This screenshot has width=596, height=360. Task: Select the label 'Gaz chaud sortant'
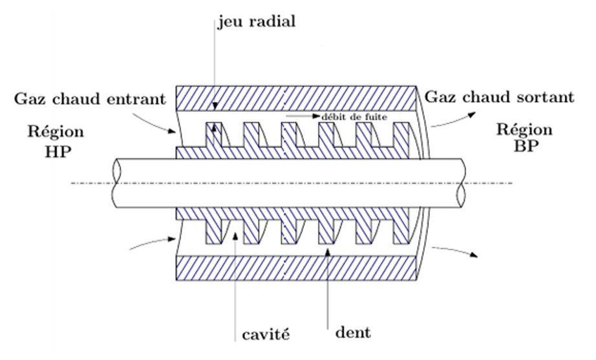[x=499, y=98]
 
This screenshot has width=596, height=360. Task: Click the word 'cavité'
[x=266, y=335]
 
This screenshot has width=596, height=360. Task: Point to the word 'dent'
[x=353, y=334]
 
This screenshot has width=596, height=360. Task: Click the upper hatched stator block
[x=297, y=98]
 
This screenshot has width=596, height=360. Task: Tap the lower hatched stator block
[x=297, y=268]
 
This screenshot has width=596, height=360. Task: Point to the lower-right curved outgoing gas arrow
[x=456, y=250]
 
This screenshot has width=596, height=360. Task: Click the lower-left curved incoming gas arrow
[x=153, y=242]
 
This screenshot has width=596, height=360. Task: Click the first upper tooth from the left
[x=213, y=135]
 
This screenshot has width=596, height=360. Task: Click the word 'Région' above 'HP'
[x=56, y=132]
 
